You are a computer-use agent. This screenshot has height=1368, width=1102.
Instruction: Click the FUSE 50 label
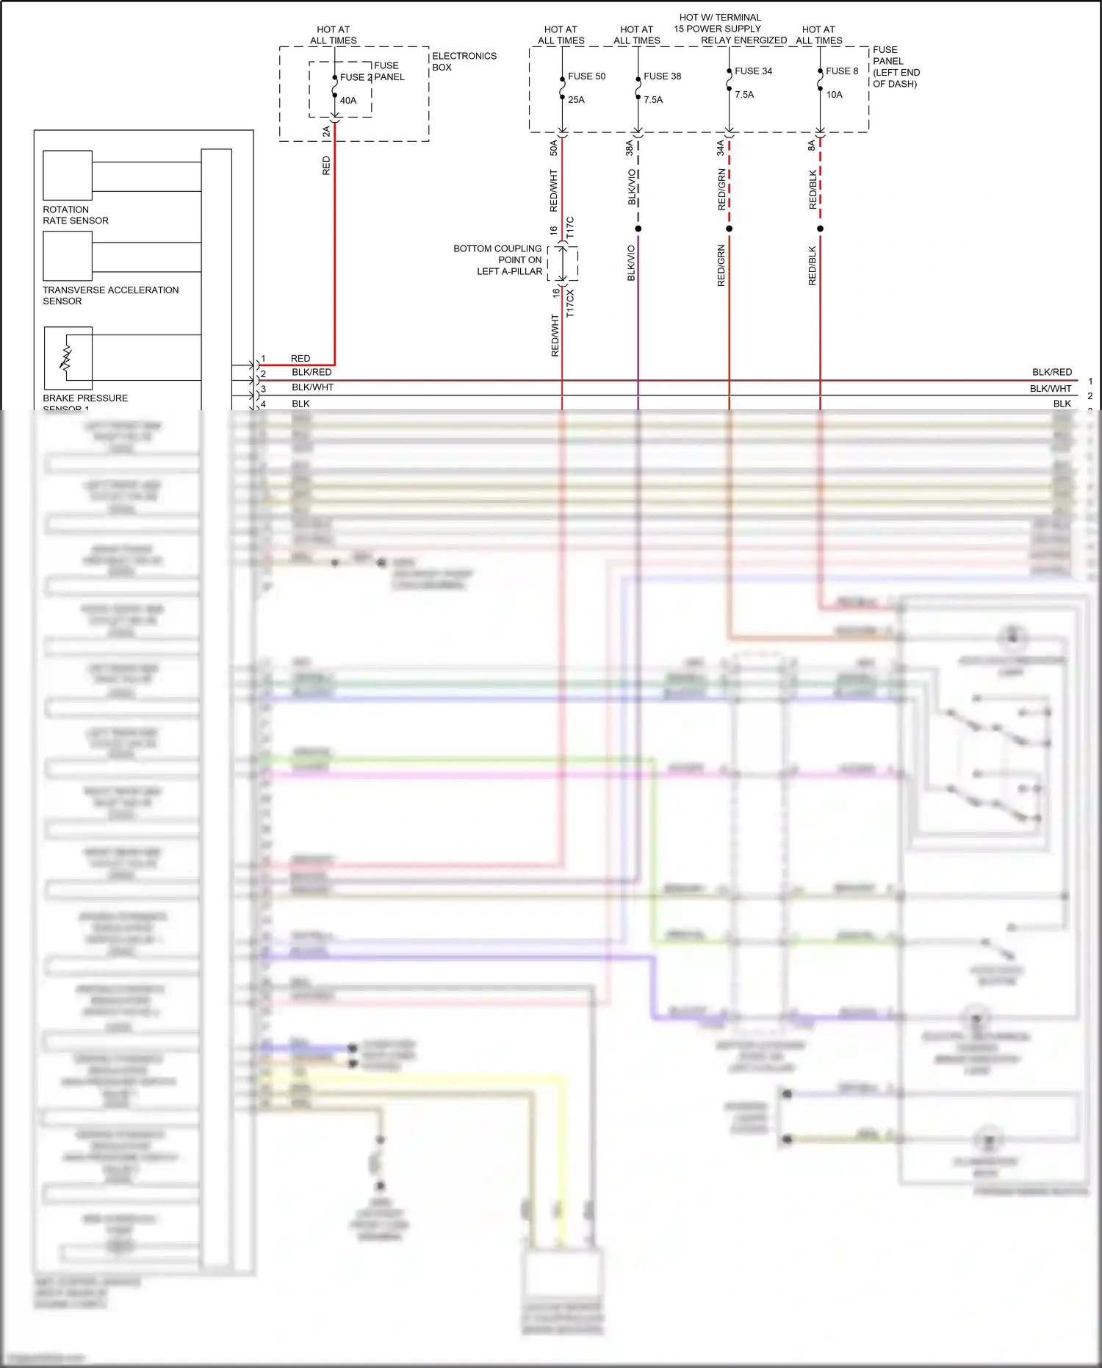[x=586, y=76]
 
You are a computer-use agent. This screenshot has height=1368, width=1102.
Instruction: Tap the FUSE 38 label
[x=662, y=76]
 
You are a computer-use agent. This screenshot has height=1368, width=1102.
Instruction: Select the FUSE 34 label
[x=753, y=71]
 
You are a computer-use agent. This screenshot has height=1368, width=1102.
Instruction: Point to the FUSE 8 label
[x=841, y=71]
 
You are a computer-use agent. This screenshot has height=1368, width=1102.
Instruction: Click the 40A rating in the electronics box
[x=348, y=101]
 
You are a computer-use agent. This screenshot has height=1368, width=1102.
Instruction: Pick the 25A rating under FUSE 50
[x=576, y=100]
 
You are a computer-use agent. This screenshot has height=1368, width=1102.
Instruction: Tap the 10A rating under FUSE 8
[x=834, y=95]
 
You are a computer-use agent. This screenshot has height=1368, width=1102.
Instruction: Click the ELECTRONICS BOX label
[x=464, y=62]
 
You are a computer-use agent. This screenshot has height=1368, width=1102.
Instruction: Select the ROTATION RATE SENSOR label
[x=75, y=215]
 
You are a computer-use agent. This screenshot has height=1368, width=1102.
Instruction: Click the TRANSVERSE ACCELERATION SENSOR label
[x=110, y=296]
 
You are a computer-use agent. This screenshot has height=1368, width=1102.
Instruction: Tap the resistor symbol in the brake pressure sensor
[x=66, y=358]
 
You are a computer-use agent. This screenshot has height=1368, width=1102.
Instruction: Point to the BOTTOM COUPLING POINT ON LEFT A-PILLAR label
[x=498, y=260]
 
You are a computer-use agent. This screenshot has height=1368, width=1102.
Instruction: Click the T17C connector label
[x=570, y=227]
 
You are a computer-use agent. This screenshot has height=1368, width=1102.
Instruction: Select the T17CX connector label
[x=570, y=303]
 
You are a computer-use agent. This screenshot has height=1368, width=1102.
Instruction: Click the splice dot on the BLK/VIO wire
[x=638, y=229]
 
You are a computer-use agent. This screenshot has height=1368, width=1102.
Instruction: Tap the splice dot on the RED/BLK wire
[x=820, y=229]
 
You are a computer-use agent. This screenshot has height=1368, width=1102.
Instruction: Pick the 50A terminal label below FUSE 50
[x=554, y=148]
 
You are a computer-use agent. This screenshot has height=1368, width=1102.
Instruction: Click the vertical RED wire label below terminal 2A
[x=326, y=165]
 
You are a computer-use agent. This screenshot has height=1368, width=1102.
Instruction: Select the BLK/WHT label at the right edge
[x=1050, y=388]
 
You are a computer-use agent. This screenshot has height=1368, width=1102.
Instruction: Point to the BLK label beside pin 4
[x=300, y=404]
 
